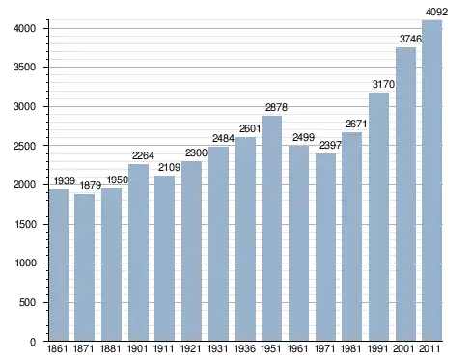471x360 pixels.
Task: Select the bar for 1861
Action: pyautogui.click(x=59, y=264)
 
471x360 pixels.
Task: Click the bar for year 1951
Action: pyautogui.click(x=272, y=228)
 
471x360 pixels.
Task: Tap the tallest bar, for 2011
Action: pyautogui.click(x=431, y=180)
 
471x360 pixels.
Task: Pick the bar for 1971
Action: pyautogui.click(x=325, y=247)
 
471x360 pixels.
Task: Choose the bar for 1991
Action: pyautogui.click(x=378, y=216)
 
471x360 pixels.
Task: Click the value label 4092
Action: pyautogui.click(x=436, y=12)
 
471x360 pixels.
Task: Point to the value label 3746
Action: pyautogui.click(x=410, y=39)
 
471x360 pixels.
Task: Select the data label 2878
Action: pyautogui.click(x=276, y=107)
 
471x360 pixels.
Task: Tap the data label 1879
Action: pyautogui.click(x=91, y=185)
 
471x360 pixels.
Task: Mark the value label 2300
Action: pyautogui.click(x=196, y=152)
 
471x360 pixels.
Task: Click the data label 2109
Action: pyautogui.click(x=169, y=167)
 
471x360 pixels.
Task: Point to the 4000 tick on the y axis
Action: pyautogui.click(x=24, y=28)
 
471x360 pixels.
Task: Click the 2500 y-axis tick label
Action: pyautogui.click(x=24, y=146)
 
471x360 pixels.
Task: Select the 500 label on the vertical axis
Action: pyautogui.click(x=27, y=302)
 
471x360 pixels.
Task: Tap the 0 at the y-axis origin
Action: pyautogui.click(x=33, y=342)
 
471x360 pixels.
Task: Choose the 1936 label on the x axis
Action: pyautogui.click(x=245, y=348)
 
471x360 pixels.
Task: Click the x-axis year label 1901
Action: pyautogui.click(x=138, y=348)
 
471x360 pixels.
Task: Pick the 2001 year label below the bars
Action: pyautogui.click(x=403, y=348)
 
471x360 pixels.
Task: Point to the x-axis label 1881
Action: pyautogui.click(x=111, y=348)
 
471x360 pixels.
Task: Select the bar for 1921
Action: pyautogui.click(x=191, y=251)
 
